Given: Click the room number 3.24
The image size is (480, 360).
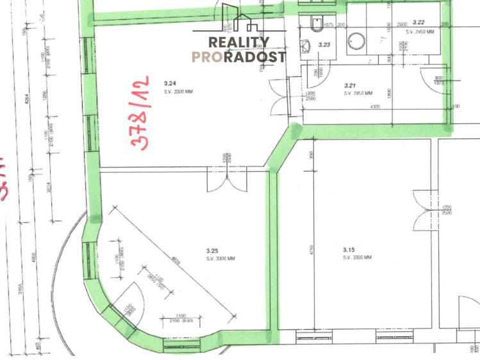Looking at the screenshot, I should click(x=170, y=84).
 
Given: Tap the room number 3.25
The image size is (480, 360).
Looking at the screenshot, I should click(x=213, y=250).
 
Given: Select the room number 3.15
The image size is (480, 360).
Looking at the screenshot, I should click(x=349, y=250).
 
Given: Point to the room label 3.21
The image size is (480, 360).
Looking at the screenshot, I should click(x=350, y=85).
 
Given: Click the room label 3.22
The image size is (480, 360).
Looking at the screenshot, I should click(x=420, y=22).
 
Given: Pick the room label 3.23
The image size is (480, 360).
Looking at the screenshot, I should click(x=324, y=45).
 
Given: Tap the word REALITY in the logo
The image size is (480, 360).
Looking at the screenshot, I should click(x=239, y=42).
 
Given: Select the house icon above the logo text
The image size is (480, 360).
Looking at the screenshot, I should click(x=240, y=20).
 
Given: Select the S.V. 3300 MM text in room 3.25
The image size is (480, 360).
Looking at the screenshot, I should click(x=220, y=259).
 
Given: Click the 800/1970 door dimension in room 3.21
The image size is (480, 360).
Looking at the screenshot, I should click(x=439, y=79).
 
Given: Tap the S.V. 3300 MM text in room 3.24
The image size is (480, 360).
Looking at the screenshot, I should click(x=178, y=92).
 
